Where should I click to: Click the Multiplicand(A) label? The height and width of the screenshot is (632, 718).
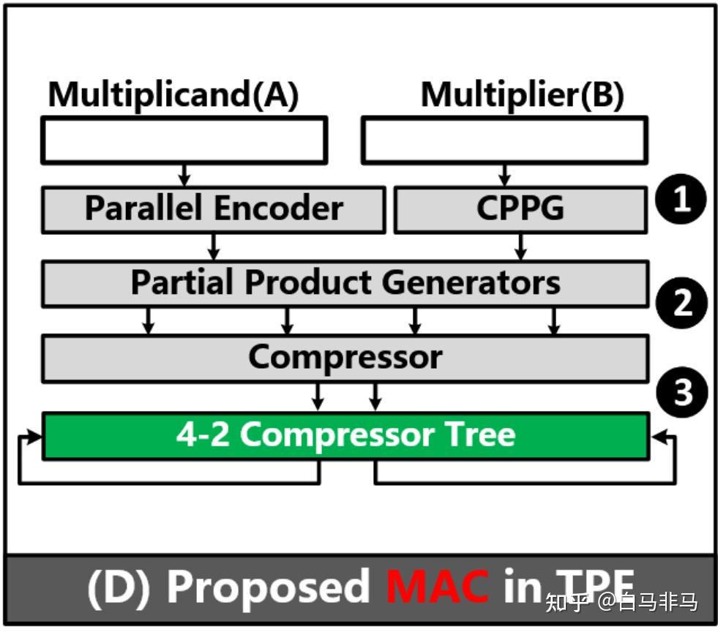173,95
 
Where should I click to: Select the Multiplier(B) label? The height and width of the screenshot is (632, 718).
522,95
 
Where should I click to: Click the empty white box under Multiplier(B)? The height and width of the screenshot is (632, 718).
504,140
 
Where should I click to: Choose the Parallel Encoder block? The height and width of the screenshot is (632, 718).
213,209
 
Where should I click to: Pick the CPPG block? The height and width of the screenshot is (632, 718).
520,209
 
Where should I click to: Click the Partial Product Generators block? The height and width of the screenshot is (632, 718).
345,283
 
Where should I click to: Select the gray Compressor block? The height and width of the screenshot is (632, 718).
345,358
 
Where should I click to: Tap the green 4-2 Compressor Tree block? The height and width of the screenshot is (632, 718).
345,435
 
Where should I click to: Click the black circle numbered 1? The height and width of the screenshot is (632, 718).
681,199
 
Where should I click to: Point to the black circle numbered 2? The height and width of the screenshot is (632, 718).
681,302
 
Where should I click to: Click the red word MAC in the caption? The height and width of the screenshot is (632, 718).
437,587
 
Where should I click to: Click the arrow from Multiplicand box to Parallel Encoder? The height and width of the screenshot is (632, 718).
184,174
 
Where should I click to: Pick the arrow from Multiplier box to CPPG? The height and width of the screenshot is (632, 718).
504,174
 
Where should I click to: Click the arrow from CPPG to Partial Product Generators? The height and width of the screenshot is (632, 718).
520,247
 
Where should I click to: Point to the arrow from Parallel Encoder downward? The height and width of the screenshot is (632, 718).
213,247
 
